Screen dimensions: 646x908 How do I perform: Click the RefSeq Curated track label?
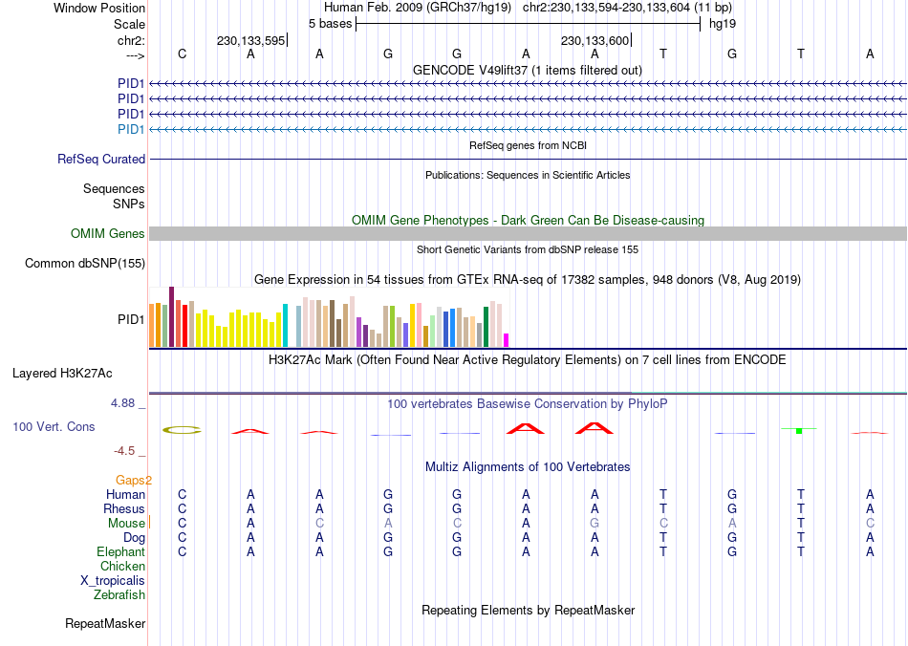tap(101, 160)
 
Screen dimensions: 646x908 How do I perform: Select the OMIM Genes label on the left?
tap(108, 234)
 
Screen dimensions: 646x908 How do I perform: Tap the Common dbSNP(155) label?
tap(85, 264)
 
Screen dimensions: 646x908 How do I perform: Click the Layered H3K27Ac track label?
tap(69, 373)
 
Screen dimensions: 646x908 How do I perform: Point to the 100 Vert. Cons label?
tap(54, 426)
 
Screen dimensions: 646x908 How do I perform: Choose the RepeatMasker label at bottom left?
tap(105, 624)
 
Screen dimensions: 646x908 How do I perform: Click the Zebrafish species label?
tap(119, 595)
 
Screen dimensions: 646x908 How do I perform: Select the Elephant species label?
tap(120, 552)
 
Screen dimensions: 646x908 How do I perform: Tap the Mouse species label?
tap(126, 524)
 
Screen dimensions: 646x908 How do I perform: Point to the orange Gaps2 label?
tap(134, 481)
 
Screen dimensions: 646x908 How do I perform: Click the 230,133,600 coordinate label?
tap(595, 41)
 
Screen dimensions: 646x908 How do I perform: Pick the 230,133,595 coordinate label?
tap(250, 41)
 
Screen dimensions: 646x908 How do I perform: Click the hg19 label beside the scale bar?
tap(722, 23)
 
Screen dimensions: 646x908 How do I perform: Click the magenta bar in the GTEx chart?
tap(507, 339)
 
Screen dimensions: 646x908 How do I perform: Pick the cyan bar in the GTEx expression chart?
tap(285, 325)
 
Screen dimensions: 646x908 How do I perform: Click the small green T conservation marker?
tap(798, 431)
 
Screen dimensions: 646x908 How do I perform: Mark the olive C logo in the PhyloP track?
tap(182, 430)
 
